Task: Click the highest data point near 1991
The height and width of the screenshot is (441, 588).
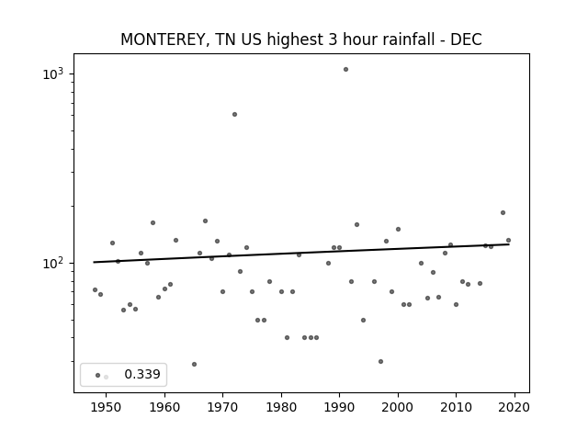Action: [x=345, y=70]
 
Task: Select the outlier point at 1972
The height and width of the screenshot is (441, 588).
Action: [x=235, y=114]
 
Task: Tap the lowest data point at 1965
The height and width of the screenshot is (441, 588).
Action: [x=194, y=364]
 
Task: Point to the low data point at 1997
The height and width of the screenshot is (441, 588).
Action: [x=380, y=361]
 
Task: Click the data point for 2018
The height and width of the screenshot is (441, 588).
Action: [x=503, y=212]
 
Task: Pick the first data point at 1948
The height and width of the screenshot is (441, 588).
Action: [x=95, y=290]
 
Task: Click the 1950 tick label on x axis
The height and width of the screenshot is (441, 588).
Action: [x=107, y=407]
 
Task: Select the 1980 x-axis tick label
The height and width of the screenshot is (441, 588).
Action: [x=281, y=407]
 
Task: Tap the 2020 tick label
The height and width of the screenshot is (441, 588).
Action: [x=514, y=407]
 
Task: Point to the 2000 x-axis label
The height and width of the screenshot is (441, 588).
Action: [x=398, y=407]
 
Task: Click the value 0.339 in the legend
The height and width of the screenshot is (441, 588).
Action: [x=142, y=374]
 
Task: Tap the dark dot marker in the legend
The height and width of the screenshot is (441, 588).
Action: [x=98, y=376]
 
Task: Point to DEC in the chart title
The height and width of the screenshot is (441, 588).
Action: [x=466, y=40]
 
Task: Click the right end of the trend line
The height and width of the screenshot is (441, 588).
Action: [x=509, y=244]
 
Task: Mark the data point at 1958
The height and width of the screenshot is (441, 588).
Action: [x=153, y=222]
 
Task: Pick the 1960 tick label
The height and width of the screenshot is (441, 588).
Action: [x=164, y=407]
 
